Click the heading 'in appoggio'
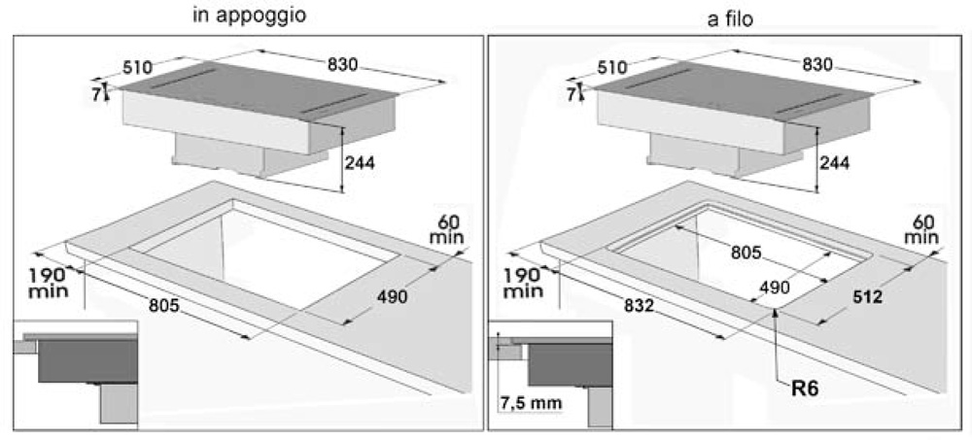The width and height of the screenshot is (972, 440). coord(251,16)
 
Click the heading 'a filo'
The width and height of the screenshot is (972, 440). coord(731,19)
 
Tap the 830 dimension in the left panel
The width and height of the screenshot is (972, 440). coord(343,64)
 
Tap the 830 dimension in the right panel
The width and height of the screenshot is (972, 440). coord(817,64)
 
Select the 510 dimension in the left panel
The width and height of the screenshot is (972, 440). coord(138,68)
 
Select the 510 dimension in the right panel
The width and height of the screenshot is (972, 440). coord(611,68)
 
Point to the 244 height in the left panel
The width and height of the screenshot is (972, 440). coord(360,163)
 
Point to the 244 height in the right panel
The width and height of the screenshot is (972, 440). coord(834,163)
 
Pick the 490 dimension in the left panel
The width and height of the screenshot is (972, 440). coord(393,297)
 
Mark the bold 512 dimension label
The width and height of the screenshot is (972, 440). coord(867,297)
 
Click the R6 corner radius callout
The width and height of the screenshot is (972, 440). coord(805,389)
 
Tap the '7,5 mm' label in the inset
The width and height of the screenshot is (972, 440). coord(531,403)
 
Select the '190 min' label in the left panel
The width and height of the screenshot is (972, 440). coord(49,282)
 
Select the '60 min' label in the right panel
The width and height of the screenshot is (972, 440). coord(921,229)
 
